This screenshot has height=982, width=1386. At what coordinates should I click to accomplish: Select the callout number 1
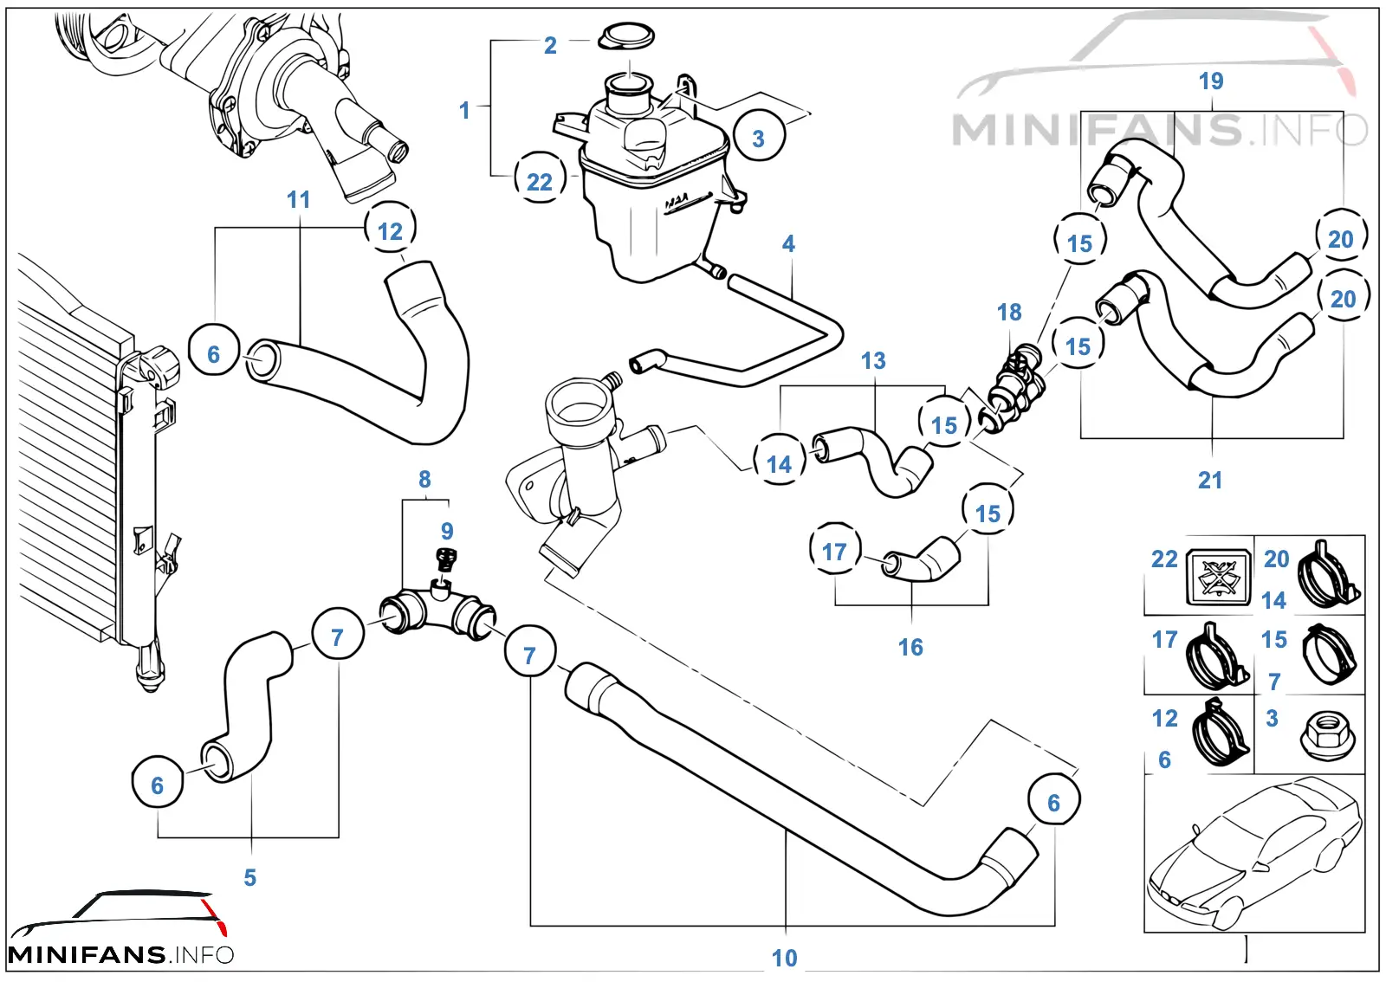464,111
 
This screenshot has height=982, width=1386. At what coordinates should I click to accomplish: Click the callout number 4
788,243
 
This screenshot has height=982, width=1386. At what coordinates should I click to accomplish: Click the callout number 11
299,200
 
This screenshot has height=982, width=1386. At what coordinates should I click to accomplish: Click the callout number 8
424,479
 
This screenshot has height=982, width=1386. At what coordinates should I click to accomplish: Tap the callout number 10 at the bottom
785,958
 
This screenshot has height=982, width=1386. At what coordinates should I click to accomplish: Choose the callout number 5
250,877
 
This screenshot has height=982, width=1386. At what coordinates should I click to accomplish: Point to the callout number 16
910,648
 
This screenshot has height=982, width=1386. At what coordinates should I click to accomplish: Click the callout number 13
873,360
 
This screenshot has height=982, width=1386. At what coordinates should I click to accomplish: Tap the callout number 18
1009,313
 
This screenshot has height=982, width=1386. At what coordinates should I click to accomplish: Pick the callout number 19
1212,81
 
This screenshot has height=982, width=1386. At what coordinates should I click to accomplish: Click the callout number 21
1210,480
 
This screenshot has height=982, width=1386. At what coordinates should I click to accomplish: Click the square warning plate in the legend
1218,577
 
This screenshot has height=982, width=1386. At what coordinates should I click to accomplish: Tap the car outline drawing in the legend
1254,853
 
